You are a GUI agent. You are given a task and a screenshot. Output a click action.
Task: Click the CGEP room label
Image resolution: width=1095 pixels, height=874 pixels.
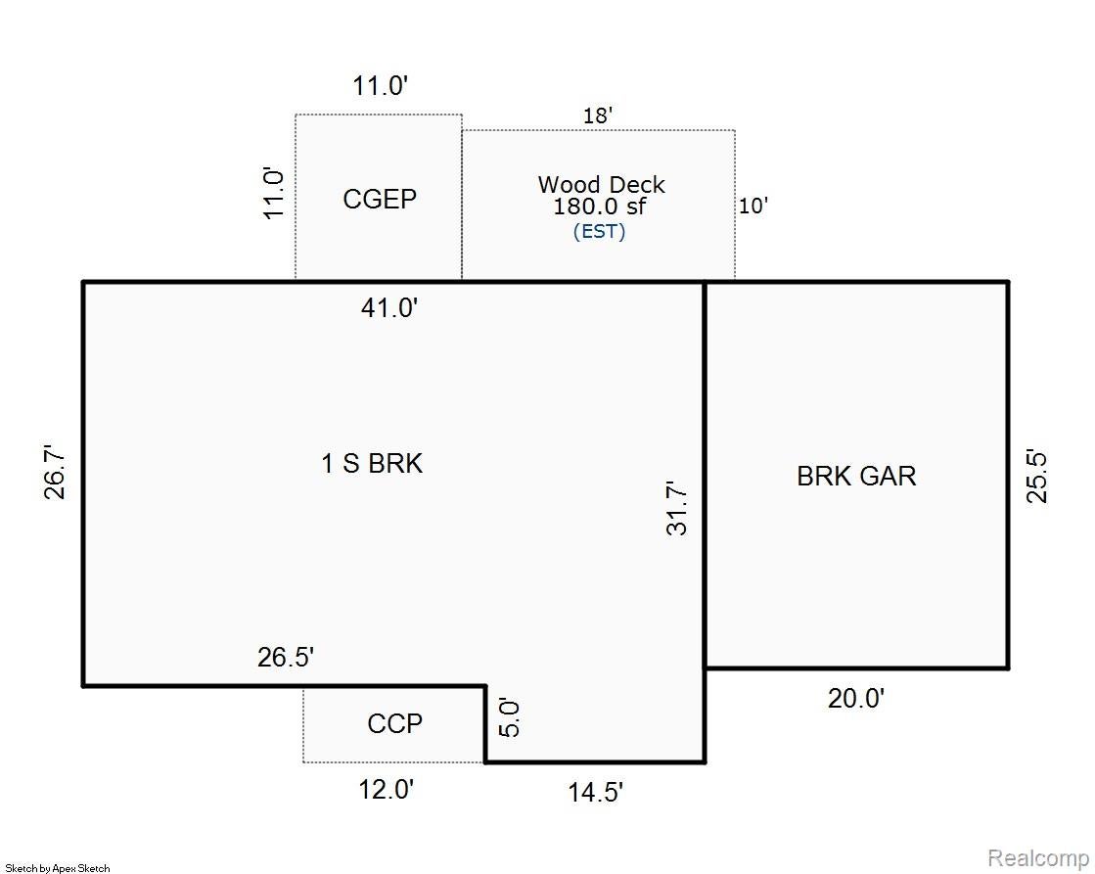[x=380, y=199]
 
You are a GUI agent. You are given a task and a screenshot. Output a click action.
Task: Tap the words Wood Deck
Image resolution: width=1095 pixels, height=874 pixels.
[x=601, y=184]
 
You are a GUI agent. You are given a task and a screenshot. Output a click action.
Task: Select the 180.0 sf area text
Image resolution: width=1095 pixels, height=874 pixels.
[x=599, y=207]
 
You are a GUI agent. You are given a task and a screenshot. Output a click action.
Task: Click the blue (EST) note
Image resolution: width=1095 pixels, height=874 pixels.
[x=599, y=231]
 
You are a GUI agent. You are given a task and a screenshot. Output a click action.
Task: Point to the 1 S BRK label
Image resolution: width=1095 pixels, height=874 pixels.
[x=372, y=463]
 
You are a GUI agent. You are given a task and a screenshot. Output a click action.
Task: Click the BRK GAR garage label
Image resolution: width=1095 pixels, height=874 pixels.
[x=856, y=476]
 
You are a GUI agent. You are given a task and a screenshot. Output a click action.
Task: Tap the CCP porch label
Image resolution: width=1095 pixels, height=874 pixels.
[x=394, y=723]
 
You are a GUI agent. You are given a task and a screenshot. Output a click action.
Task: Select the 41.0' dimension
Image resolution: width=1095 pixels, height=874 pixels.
[x=389, y=307]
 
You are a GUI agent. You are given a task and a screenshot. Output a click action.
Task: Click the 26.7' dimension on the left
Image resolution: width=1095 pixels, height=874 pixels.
[x=55, y=473]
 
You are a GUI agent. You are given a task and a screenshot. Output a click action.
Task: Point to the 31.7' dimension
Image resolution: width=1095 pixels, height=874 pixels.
[x=676, y=508]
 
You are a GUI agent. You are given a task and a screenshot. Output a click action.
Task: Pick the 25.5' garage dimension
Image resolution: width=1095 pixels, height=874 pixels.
[x=1036, y=478]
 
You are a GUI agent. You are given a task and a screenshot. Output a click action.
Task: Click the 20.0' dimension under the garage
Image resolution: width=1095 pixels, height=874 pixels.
[x=856, y=698]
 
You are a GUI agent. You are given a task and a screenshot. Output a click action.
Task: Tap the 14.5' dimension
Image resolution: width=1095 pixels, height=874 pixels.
[x=595, y=792]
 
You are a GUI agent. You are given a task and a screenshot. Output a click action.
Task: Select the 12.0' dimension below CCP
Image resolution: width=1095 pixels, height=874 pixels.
[x=387, y=790]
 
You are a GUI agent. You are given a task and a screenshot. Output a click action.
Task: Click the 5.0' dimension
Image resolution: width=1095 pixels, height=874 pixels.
[x=510, y=718]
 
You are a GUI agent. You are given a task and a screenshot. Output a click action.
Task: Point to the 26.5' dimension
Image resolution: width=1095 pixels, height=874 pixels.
[x=286, y=658]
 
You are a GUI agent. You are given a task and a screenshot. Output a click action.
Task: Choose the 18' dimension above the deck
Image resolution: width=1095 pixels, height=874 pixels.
[x=598, y=115]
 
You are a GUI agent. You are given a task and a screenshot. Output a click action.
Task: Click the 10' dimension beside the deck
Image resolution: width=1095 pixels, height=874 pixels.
[x=753, y=207]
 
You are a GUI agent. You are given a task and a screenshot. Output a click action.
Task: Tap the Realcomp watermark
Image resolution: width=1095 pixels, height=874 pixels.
[x=1038, y=857]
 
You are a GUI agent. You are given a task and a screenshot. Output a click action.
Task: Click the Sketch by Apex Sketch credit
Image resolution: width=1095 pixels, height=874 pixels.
[x=58, y=868]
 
